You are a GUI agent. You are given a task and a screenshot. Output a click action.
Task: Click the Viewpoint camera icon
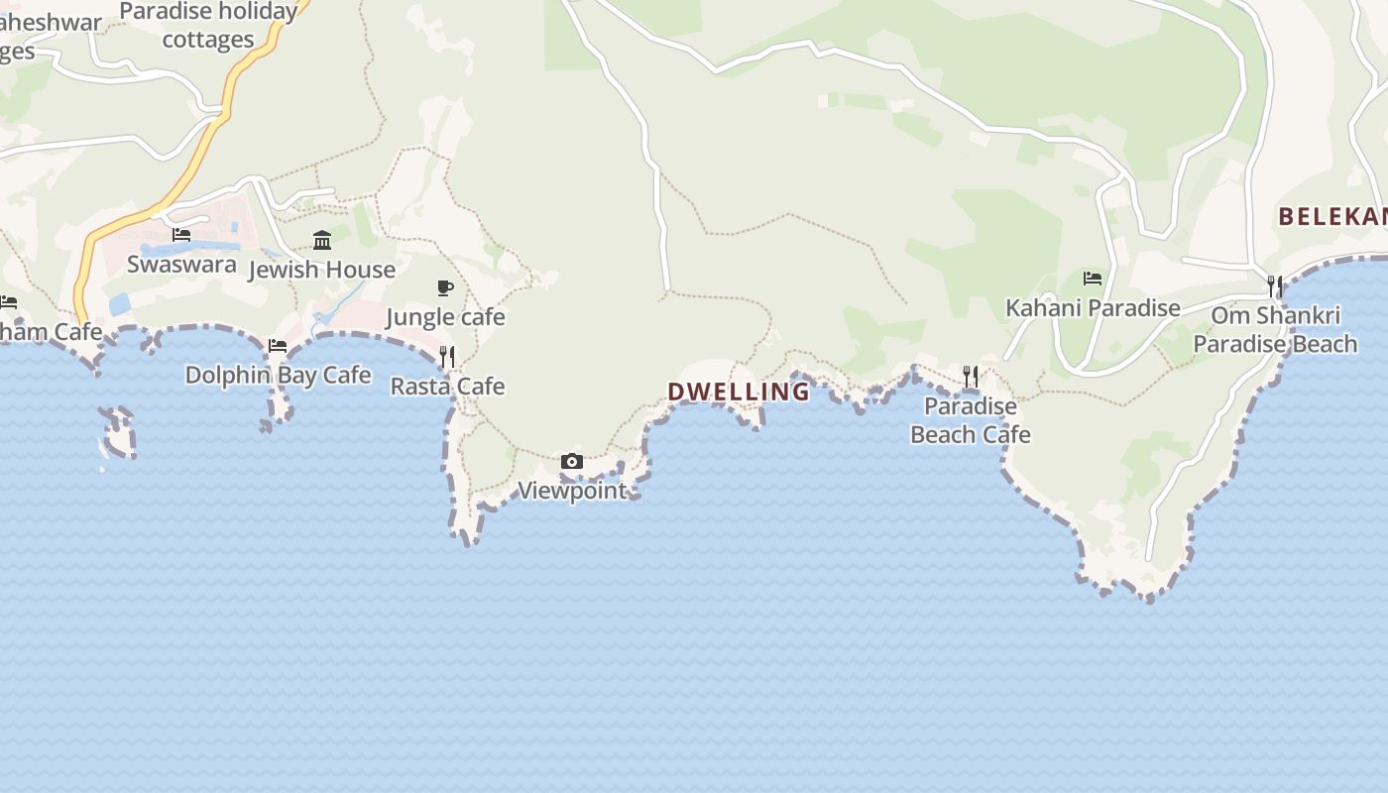(572, 462)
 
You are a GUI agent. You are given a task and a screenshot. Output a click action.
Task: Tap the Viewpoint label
(572, 491)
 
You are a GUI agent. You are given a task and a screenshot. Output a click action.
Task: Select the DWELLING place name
(739, 392)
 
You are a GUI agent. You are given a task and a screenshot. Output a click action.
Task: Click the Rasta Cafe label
(447, 387)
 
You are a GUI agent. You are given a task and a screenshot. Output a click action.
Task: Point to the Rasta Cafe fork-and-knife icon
(447, 357)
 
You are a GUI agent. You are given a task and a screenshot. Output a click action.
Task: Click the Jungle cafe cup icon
(445, 288)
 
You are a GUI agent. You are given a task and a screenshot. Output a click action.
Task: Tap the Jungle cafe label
(445, 317)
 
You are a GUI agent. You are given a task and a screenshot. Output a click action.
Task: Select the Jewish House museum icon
(322, 240)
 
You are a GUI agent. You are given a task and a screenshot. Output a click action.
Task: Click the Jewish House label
(321, 270)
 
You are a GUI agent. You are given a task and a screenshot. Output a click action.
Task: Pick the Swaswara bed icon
(181, 235)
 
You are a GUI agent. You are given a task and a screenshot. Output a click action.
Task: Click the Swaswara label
(181, 265)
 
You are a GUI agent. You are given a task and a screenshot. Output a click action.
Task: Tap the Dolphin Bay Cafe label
(278, 376)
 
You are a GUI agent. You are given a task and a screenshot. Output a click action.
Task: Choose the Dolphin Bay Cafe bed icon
(278, 346)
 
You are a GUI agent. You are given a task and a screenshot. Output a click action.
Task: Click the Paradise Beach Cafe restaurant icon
(971, 377)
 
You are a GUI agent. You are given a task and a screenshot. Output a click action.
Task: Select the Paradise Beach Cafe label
(971, 420)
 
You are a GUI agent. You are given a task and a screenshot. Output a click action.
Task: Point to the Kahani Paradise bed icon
(1093, 279)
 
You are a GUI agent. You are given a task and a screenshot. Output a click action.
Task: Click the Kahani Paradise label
(1093, 308)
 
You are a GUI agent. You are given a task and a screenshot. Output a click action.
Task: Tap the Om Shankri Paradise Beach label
(1275, 330)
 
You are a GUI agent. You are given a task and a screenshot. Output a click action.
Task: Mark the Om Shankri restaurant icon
(1275, 286)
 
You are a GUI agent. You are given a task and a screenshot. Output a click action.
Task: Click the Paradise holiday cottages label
(208, 25)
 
